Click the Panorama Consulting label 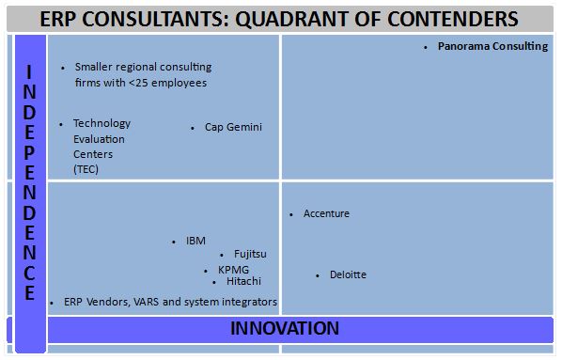point(492,45)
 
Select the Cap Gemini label point(233,127)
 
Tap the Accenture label point(326,214)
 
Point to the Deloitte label point(348,274)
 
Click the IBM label point(195,241)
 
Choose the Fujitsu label point(250,254)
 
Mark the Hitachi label point(243,280)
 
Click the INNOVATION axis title point(285,328)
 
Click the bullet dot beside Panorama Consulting point(426,46)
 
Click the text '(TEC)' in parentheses point(86,169)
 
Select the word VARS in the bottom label point(149,302)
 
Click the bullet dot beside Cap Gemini point(193,128)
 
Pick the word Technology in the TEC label point(101,123)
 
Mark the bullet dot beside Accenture point(291,214)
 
